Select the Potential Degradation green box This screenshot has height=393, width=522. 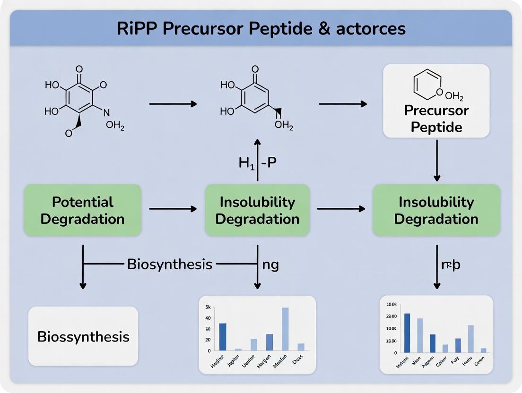[83, 211]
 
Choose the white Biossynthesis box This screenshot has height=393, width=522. [83, 336]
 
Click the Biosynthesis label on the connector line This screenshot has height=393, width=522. [169, 264]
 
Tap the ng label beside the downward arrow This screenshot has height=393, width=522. [270, 265]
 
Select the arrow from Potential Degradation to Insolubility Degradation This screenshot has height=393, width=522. [173, 208]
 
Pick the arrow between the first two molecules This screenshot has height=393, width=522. [173, 103]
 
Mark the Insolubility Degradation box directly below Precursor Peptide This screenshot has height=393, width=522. [436, 211]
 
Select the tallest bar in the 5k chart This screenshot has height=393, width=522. [285, 329]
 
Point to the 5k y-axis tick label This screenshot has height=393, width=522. [208, 307]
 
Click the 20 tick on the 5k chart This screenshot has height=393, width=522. [208, 340]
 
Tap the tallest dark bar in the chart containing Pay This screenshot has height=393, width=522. [407, 333]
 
